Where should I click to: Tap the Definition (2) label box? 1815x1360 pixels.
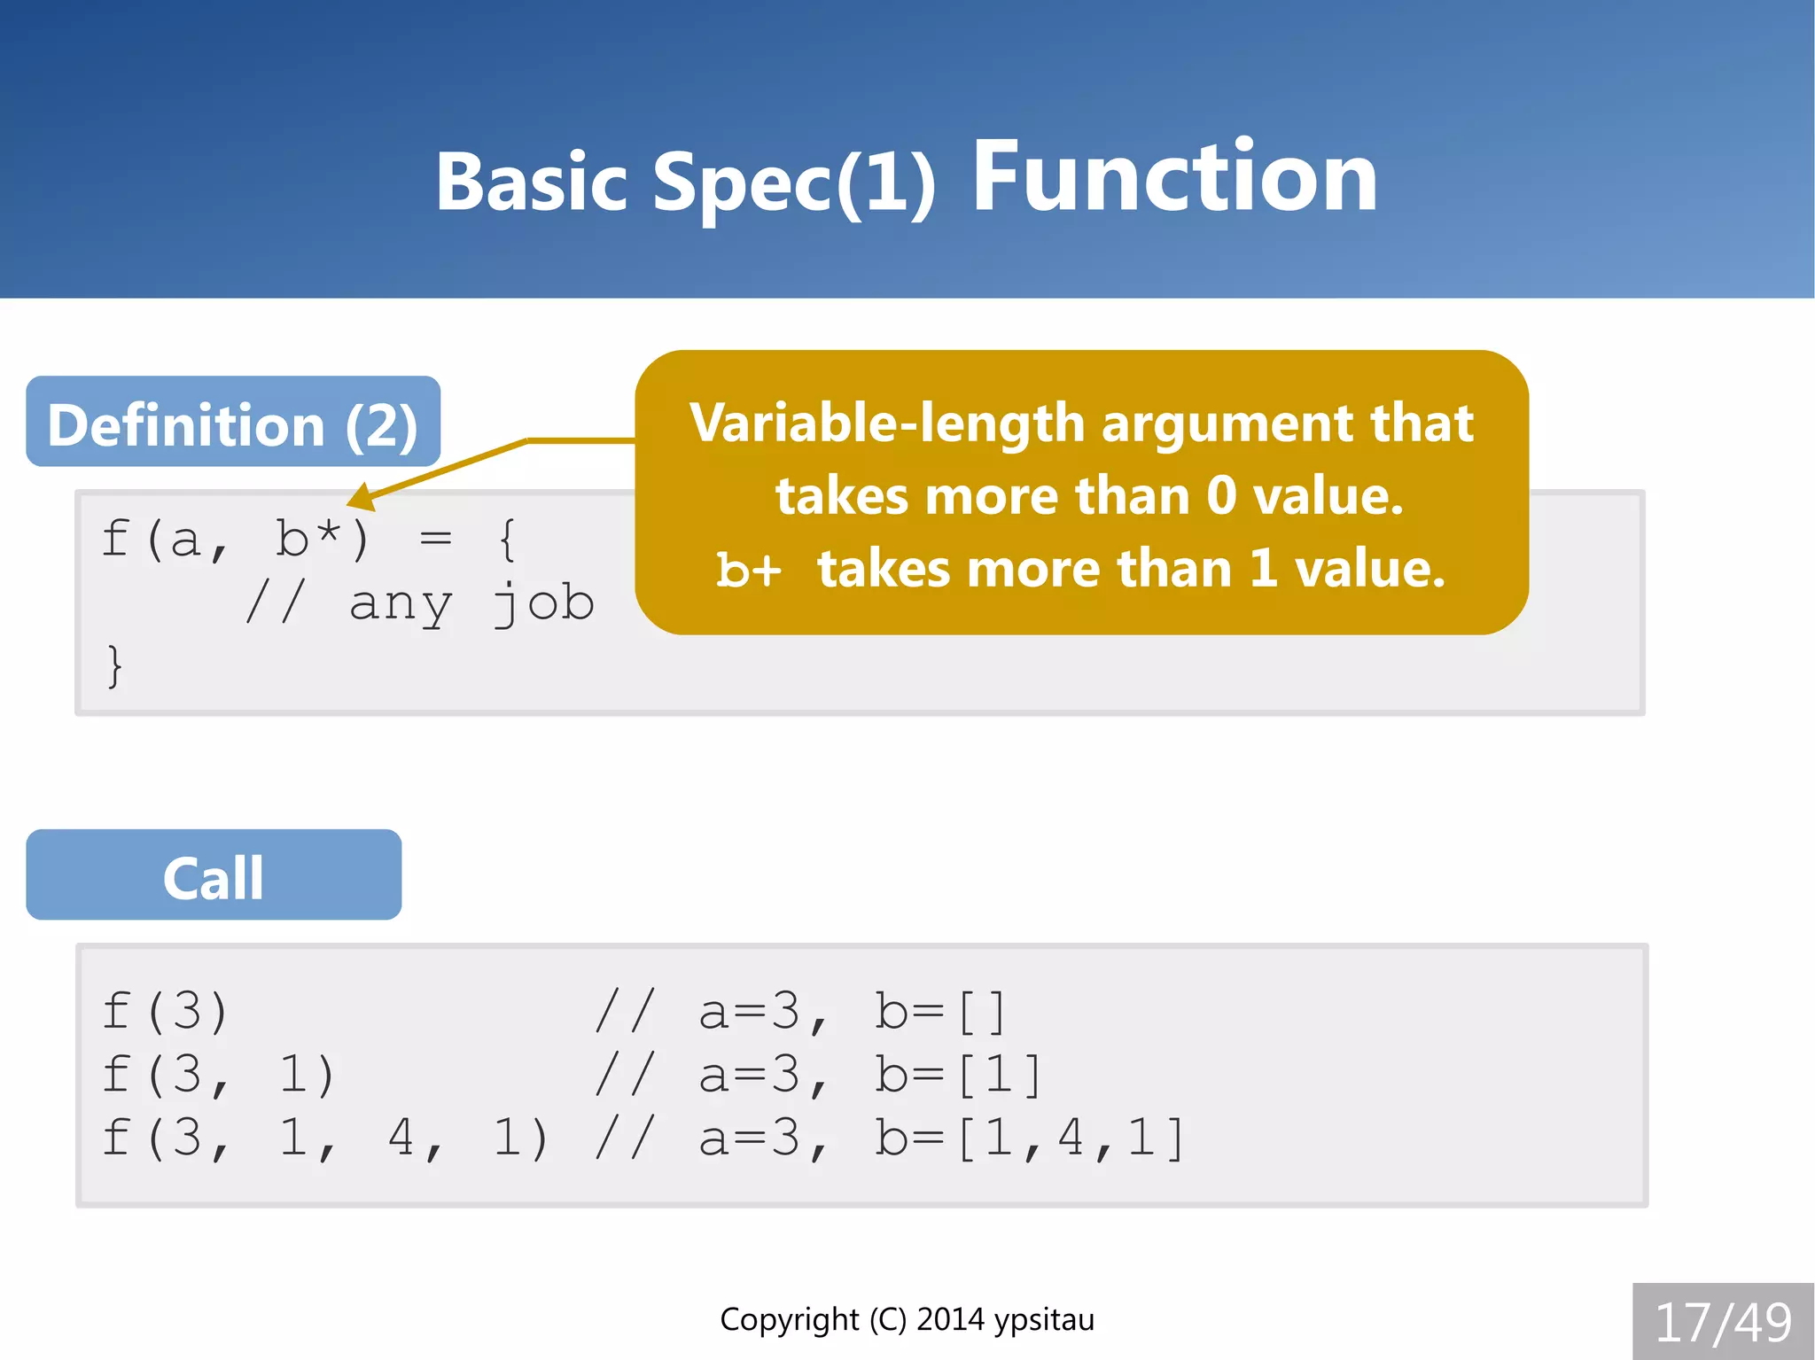[x=233, y=423]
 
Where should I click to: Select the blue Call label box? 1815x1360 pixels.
[x=214, y=875]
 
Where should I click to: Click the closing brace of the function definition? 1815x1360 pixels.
[x=114, y=665]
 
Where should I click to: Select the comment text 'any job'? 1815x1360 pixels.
[x=471, y=603]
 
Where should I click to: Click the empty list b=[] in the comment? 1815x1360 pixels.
[x=940, y=1011]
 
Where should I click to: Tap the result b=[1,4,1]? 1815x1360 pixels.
[x=1029, y=1138]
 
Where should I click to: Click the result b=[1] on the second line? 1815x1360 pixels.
[x=958, y=1074]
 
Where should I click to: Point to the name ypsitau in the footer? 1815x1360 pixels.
[x=1044, y=1320]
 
